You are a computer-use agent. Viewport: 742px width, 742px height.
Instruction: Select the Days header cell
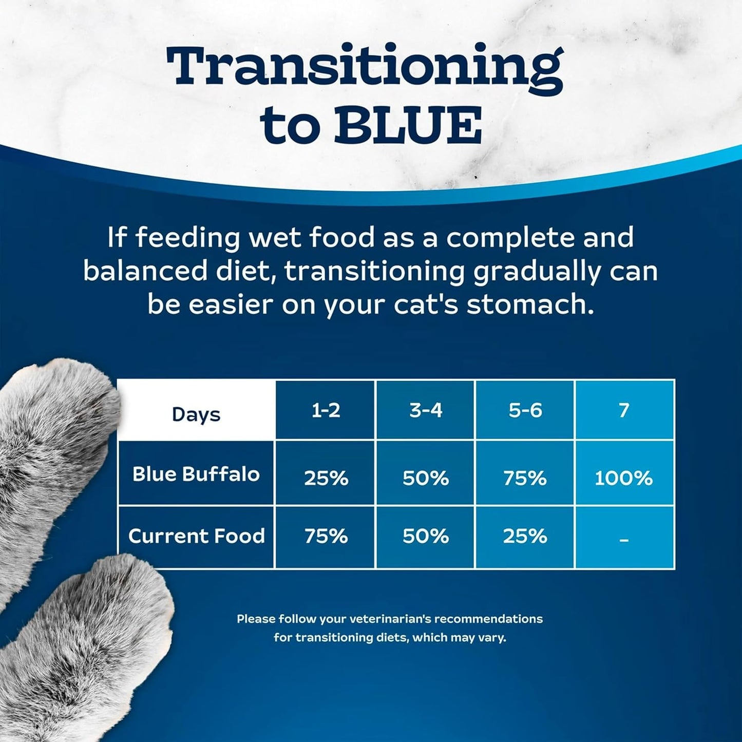(x=196, y=414)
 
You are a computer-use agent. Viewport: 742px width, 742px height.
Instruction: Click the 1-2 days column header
(x=326, y=410)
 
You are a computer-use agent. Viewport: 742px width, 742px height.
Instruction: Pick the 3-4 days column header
(x=426, y=410)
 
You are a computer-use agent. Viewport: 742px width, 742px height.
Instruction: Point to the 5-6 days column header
(x=525, y=410)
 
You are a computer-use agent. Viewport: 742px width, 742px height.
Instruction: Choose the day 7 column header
(x=624, y=410)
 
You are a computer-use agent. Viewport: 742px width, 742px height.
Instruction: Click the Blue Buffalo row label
(x=196, y=474)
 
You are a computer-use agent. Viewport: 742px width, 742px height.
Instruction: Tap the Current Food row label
(x=196, y=536)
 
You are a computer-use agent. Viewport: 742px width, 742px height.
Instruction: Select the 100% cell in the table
(x=623, y=478)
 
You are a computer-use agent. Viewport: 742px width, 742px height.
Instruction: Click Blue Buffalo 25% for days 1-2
(x=326, y=478)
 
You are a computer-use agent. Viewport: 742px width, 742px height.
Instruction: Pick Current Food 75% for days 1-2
(x=326, y=537)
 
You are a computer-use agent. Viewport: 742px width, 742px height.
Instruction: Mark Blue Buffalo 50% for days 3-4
(x=426, y=478)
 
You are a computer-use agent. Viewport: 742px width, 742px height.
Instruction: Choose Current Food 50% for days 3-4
(x=426, y=537)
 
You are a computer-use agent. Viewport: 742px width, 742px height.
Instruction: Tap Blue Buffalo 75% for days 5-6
(x=525, y=478)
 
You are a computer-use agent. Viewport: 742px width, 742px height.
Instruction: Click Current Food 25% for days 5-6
(x=525, y=537)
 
